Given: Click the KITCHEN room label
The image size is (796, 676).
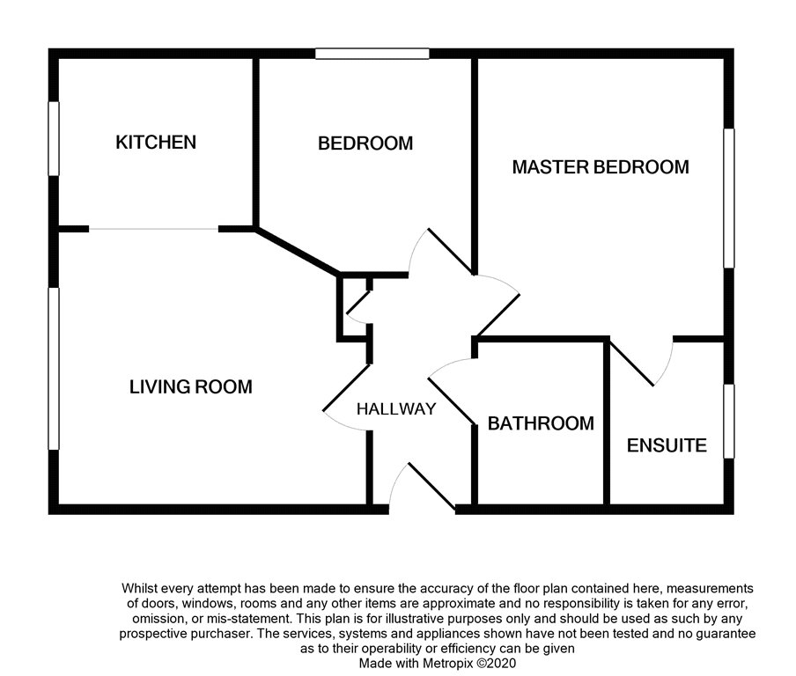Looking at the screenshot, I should pos(156,142).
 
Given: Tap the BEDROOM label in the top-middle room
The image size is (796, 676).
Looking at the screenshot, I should pos(365,143).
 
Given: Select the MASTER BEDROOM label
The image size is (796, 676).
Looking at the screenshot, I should pos(601,166).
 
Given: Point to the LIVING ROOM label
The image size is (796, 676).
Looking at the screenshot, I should pos(190,386).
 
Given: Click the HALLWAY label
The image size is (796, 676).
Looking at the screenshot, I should pos(396,409).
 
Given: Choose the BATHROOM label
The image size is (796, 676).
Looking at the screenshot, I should pos(541,423).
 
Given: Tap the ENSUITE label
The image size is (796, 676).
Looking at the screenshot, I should pos(667,445).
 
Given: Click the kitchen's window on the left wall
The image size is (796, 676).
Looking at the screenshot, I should pos(54,138).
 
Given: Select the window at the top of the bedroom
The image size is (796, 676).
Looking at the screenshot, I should pos(372,54).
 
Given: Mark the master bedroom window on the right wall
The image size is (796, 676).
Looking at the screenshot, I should pos(729,198).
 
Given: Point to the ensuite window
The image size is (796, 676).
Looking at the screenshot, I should pos(729,421).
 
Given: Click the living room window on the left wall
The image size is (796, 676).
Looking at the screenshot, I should pos(54,369).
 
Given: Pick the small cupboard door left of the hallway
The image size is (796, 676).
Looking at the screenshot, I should pos(356,304).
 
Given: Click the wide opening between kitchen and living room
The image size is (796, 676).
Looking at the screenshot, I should pos(153,229).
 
